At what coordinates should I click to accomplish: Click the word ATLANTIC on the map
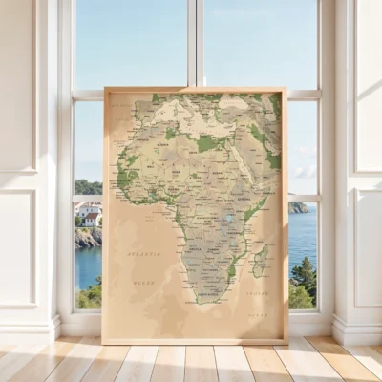coord(143,254)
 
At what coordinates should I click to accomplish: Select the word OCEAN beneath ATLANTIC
coord(143,282)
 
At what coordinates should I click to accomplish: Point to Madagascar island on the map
coord(259,260)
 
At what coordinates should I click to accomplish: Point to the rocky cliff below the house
coord(87,237)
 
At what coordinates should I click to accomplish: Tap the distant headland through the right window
coord(298,207)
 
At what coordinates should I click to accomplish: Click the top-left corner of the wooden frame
coord(105,90)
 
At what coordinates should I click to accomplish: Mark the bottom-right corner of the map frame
coord(286,340)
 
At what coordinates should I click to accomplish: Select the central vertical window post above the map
coord(195,43)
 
